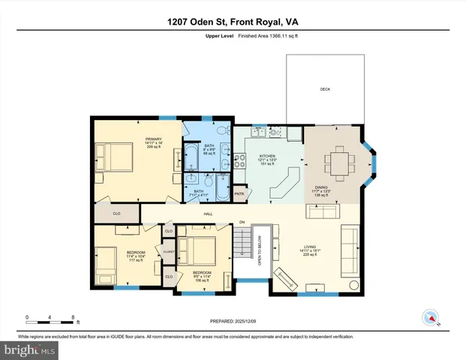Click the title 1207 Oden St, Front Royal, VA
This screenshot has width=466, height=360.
point(233,22)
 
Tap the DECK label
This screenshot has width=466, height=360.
point(324,88)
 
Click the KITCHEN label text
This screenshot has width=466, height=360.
point(268,155)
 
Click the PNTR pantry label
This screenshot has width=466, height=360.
point(240,193)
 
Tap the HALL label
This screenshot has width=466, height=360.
point(209,214)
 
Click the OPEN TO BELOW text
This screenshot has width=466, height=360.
point(259,251)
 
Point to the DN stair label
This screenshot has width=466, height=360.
point(242,222)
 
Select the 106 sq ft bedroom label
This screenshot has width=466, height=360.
point(203,276)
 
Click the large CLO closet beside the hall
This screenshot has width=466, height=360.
point(116,213)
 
